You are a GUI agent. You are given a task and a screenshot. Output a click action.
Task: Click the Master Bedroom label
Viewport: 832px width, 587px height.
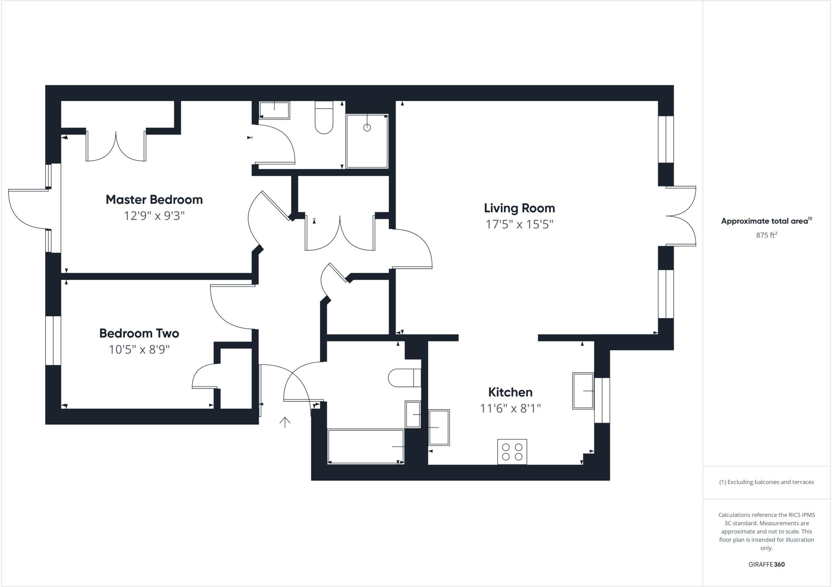click(154, 199)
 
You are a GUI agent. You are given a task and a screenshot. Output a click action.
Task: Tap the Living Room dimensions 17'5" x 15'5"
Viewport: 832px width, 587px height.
click(520, 224)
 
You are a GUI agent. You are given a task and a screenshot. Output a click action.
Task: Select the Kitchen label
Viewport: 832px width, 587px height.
click(510, 392)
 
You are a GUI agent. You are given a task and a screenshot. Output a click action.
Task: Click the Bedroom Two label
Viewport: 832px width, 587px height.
click(139, 333)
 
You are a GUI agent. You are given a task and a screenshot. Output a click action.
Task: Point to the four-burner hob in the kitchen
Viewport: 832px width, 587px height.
click(512, 452)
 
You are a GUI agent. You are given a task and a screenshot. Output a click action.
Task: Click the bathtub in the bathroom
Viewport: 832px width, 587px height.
click(366, 446)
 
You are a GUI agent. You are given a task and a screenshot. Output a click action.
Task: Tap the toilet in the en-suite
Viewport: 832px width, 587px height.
click(324, 118)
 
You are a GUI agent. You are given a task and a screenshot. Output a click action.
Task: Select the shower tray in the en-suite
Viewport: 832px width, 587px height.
click(367, 141)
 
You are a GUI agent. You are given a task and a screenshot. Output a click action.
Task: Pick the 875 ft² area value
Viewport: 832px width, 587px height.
click(766, 235)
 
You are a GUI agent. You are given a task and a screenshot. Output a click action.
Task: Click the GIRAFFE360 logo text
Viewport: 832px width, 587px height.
click(766, 564)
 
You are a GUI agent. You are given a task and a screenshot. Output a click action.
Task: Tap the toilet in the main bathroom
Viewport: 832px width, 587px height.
click(404, 378)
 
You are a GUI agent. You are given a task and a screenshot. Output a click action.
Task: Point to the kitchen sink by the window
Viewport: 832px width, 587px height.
click(583, 391)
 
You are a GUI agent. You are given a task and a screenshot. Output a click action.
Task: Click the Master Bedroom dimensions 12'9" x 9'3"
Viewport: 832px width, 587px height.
click(154, 216)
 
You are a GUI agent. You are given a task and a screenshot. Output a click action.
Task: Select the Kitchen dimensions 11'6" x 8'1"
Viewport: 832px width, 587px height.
click(510, 408)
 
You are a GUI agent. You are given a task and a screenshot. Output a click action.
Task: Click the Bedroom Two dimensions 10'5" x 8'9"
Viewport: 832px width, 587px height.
click(139, 350)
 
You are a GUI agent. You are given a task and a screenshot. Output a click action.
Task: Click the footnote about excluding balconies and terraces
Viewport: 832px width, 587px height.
click(766, 482)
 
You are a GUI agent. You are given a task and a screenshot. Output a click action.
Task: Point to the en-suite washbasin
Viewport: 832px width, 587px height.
click(274, 110)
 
